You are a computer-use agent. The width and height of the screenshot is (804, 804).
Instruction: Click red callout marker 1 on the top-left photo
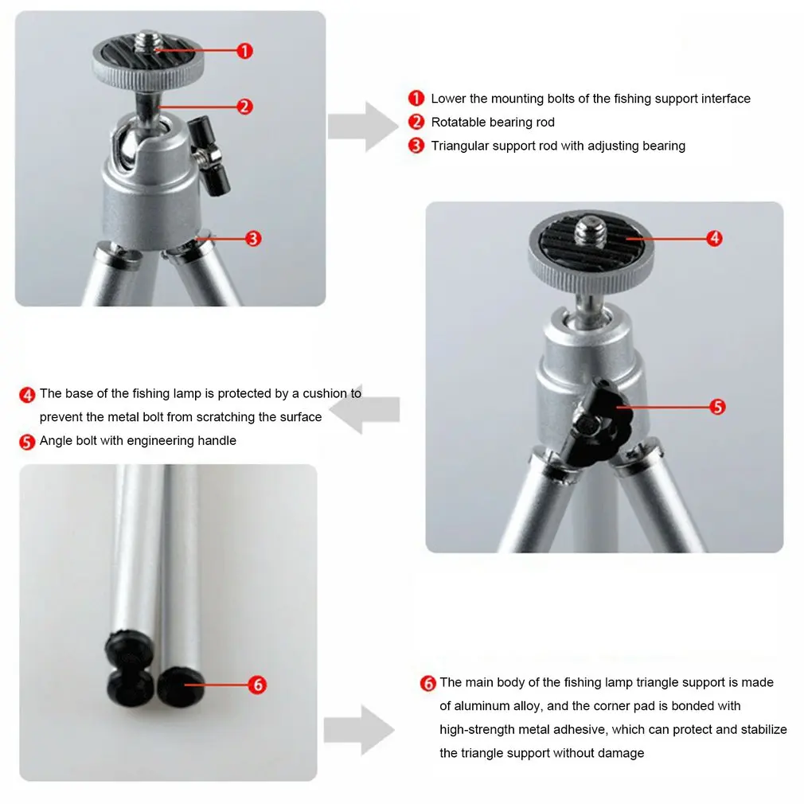(244, 51)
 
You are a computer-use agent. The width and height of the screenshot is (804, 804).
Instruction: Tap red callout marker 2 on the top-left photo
(244, 107)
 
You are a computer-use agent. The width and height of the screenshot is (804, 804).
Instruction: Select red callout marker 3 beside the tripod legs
(253, 239)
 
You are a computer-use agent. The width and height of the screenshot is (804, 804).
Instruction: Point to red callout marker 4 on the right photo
(714, 238)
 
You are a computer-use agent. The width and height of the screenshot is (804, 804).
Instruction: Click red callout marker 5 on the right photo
(717, 407)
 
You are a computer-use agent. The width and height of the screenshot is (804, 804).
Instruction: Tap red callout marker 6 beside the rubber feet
(257, 685)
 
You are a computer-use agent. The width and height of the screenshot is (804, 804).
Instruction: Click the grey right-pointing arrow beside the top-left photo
(363, 127)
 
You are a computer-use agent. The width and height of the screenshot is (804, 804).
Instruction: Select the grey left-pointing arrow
(365, 410)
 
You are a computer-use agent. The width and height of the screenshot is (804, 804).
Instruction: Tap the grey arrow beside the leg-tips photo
(360, 730)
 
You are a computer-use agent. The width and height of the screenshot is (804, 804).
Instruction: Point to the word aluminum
(482, 706)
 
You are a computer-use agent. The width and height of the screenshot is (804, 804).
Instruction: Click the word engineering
(156, 441)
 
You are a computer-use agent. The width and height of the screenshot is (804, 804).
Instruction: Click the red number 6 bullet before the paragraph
(427, 683)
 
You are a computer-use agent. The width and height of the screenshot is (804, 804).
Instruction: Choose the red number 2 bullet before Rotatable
(416, 122)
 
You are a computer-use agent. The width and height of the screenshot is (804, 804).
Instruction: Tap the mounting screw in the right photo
(591, 231)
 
